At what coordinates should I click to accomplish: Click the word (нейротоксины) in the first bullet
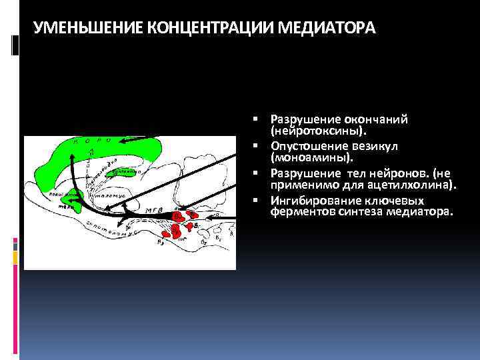point(317,131)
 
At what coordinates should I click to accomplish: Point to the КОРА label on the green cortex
point(100,141)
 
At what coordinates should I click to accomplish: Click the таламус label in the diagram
point(107,196)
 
